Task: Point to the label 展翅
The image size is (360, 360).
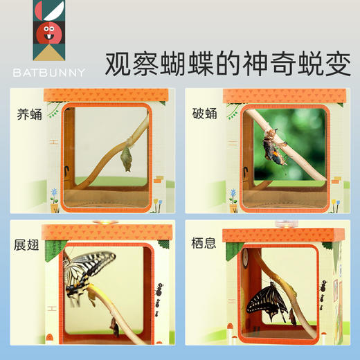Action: click(29, 244)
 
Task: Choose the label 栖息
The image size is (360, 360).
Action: click(206, 244)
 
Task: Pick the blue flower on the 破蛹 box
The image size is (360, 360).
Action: click(233, 193)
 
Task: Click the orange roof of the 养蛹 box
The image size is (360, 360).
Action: click(106, 95)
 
